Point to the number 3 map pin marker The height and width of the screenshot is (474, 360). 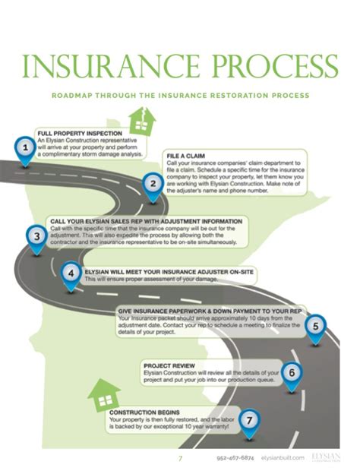coord(36,236)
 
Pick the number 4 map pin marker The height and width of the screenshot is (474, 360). coord(71,274)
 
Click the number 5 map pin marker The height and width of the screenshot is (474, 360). coord(315,323)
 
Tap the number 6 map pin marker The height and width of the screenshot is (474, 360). coord(293,373)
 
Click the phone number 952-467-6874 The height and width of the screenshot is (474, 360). coord(235,458)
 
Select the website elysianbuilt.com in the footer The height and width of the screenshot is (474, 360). coord(282,458)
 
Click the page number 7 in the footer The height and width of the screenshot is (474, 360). coord(180,458)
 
